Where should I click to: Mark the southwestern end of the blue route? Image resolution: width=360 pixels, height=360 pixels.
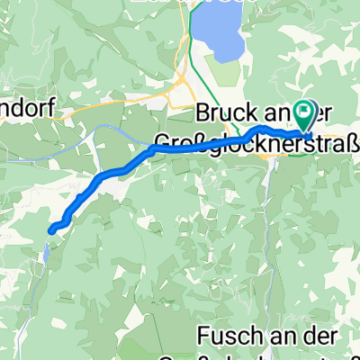(51, 230)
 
